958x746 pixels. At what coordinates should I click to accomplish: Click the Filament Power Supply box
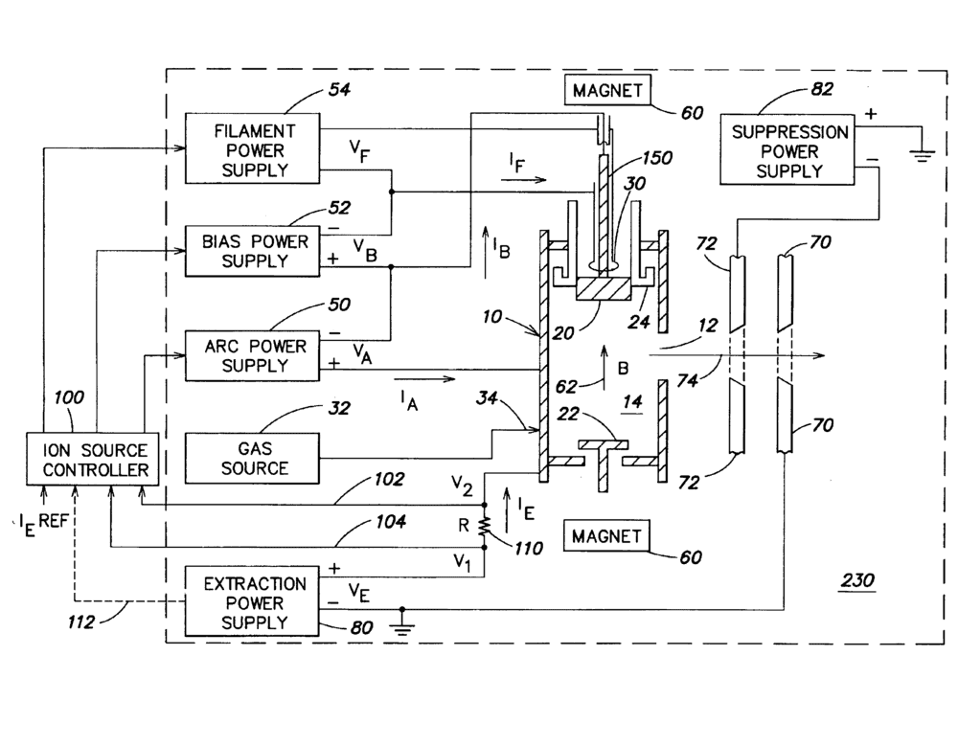click(251, 150)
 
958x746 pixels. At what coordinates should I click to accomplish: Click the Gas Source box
click(251, 458)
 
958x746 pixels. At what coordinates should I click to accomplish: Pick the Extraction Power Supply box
click(251, 603)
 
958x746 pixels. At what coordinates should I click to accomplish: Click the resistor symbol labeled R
click(486, 525)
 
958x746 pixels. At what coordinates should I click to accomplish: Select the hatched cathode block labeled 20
click(602, 287)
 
